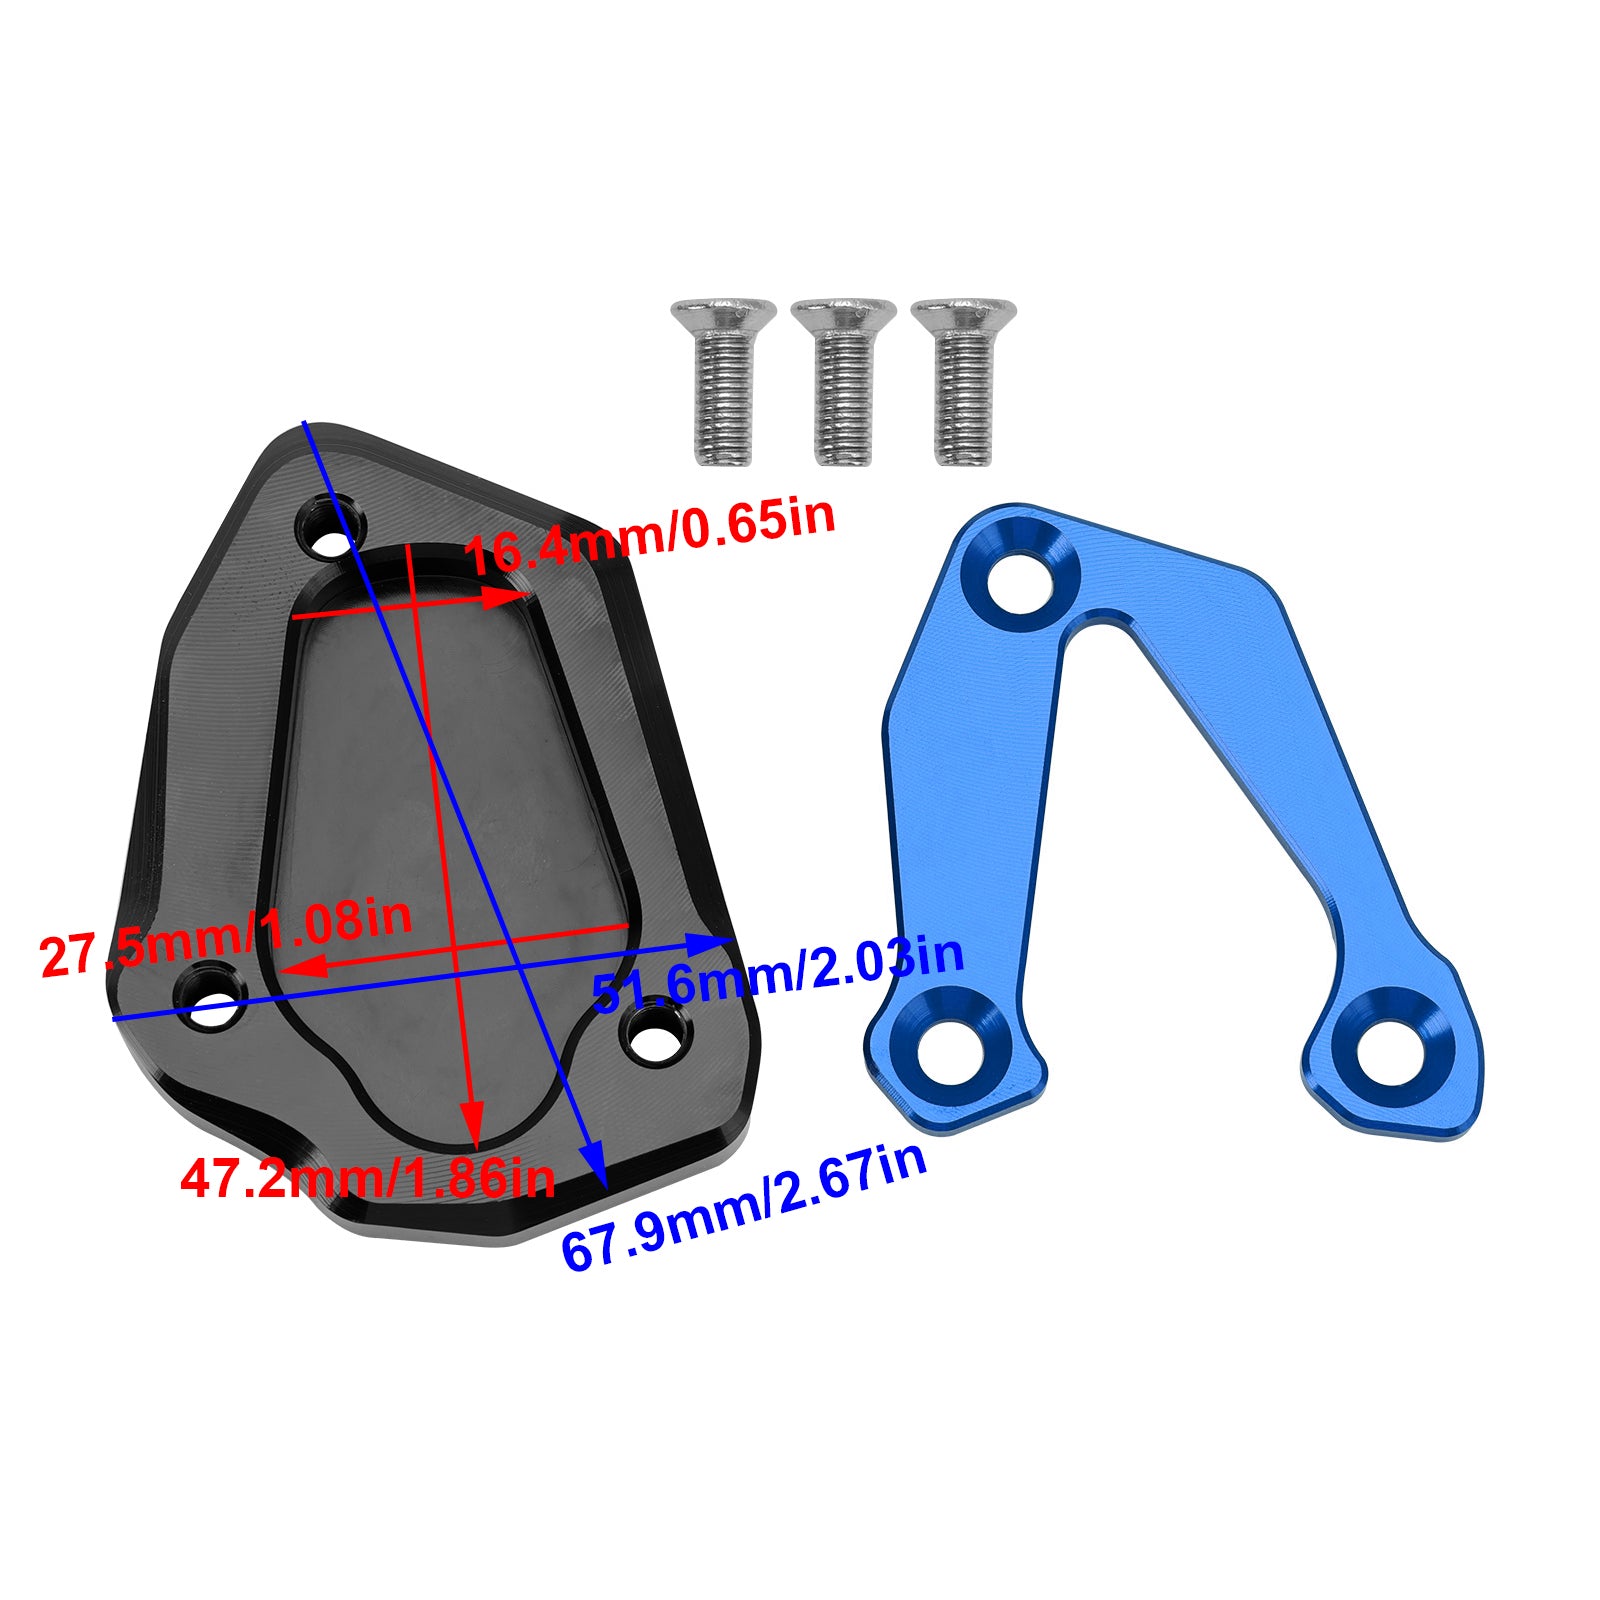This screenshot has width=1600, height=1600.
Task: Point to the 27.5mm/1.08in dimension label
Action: [226, 938]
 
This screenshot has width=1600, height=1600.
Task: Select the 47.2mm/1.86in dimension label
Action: [367, 1177]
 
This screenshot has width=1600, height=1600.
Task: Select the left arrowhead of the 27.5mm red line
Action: [296, 965]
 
